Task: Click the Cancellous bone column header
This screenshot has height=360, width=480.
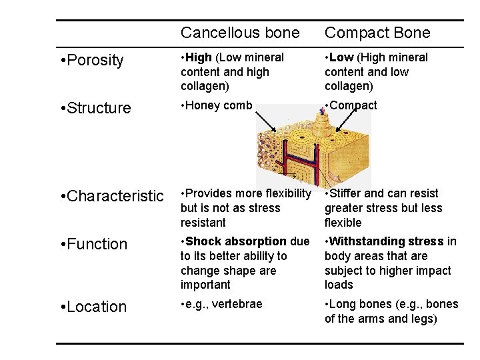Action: [x=240, y=33]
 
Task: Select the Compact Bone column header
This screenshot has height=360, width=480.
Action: [x=377, y=33]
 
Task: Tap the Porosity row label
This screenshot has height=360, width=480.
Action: [x=92, y=61]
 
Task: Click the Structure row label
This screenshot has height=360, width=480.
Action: [x=95, y=108]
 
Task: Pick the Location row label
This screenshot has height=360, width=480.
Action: [x=93, y=307]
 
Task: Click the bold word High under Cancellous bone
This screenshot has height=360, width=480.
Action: [x=198, y=58]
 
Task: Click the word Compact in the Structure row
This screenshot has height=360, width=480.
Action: [x=353, y=105]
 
